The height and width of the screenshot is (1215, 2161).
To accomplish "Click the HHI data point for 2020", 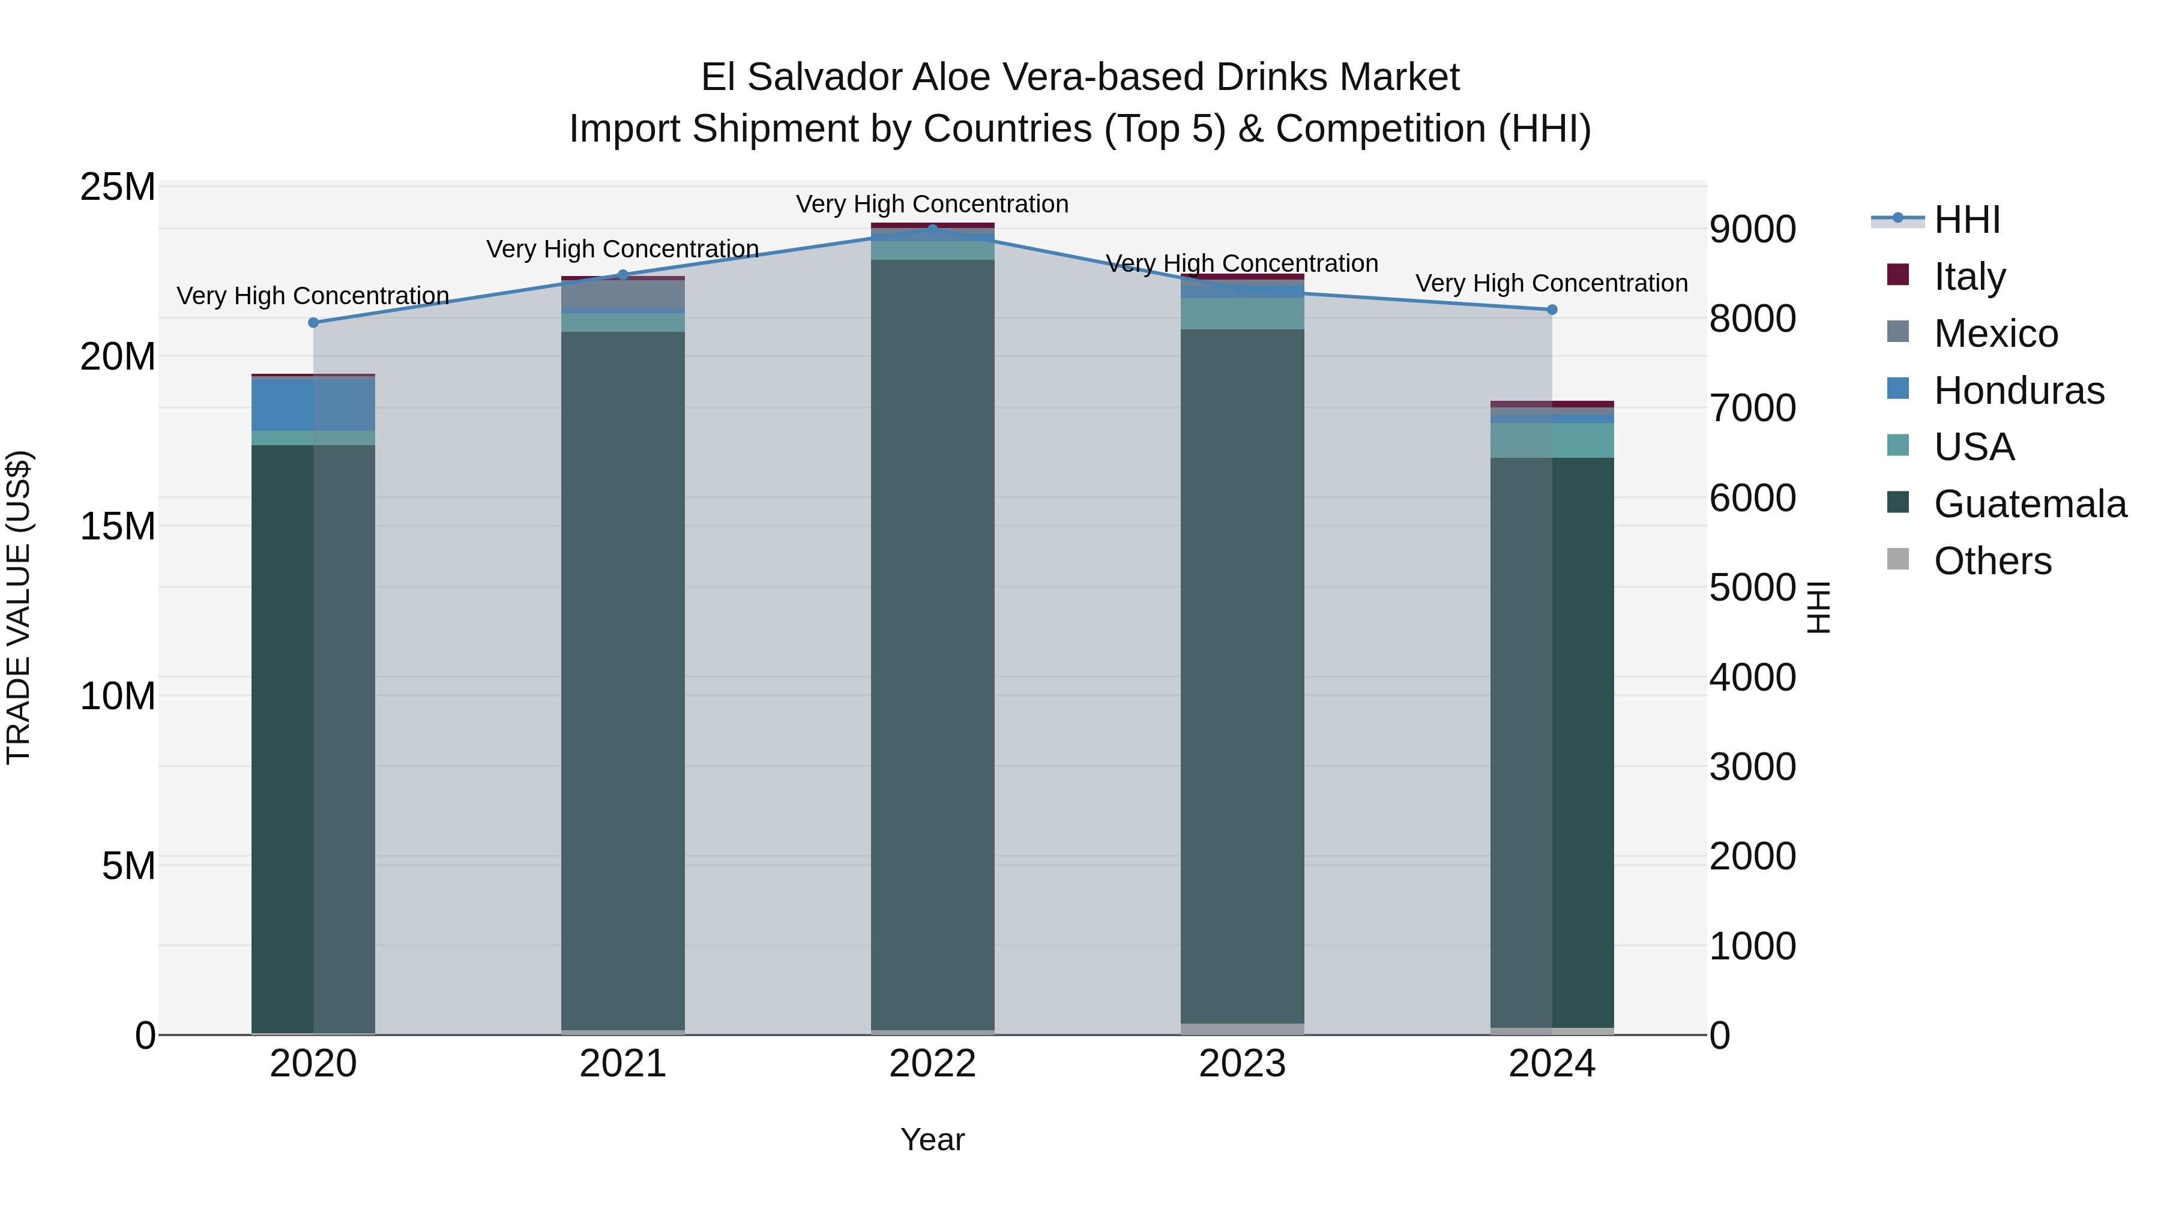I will (x=313, y=323).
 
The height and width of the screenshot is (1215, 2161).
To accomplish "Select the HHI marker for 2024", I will (x=1552, y=310).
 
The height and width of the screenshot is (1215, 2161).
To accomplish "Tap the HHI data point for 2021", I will (x=622, y=275).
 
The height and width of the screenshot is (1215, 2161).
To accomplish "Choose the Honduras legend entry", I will (x=2018, y=391).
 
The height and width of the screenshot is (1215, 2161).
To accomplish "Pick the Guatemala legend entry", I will (x=2030, y=504).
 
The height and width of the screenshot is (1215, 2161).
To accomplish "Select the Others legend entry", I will (x=1992, y=561).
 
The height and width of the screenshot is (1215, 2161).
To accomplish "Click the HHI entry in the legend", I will (x=1967, y=220).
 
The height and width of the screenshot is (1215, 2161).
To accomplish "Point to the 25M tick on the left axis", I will (x=118, y=187).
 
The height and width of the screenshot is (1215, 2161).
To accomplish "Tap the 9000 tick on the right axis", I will (x=1752, y=229).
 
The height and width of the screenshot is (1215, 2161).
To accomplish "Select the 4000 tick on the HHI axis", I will (x=1752, y=677).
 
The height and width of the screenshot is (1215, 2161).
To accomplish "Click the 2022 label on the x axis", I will (x=932, y=1064).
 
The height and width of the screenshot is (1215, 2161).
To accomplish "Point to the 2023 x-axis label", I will (x=1241, y=1064).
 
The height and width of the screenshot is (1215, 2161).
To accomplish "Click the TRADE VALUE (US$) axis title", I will (x=19, y=607).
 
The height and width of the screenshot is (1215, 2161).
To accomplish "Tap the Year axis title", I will (x=932, y=1139).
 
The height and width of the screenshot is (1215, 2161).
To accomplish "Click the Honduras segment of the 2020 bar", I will (x=313, y=405).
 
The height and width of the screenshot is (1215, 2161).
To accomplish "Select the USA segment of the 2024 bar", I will (x=1552, y=440).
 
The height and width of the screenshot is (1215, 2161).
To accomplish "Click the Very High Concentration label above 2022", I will (x=932, y=204).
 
